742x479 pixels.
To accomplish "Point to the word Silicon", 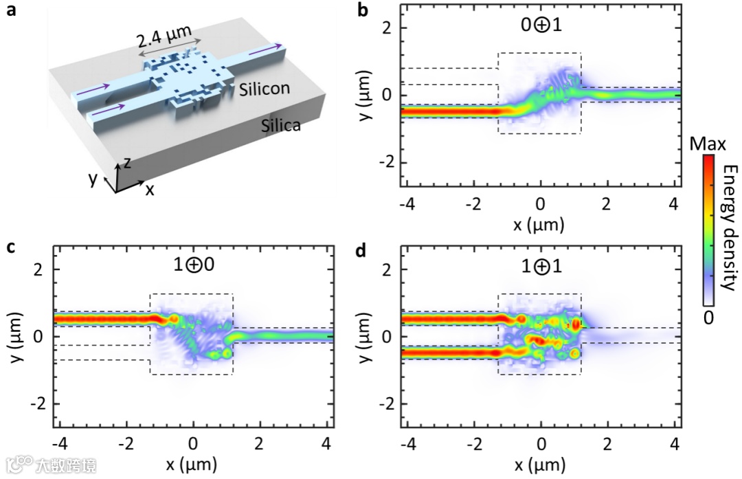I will (x=264, y=88).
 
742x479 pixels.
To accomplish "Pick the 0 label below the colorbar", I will (x=709, y=317).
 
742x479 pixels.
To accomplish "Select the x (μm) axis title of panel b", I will (x=540, y=225).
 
